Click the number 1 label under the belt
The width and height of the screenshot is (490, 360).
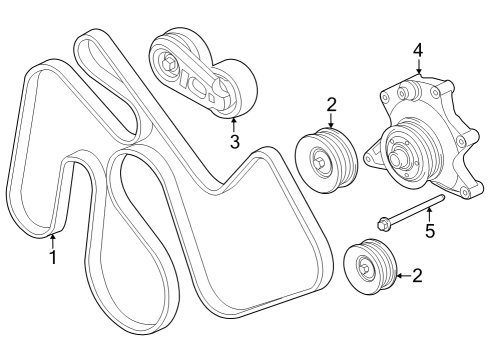click(x=54, y=257)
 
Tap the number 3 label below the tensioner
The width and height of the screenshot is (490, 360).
click(x=234, y=142)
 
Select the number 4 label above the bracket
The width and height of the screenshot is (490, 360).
click(x=418, y=49)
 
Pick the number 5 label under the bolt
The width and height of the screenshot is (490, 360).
click(x=430, y=232)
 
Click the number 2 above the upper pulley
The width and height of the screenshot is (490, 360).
click(x=331, y=104)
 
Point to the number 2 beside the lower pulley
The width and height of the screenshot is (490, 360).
click(x=416, y=274)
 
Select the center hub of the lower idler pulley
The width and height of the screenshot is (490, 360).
click(x=366, y=266)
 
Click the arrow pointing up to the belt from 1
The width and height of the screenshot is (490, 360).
click(x=54, y=238)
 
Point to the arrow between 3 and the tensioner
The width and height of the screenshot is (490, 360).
click(x=234, y=124)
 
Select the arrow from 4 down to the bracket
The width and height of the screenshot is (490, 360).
click(x=418, y=66)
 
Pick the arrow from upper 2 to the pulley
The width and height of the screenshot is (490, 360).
click(x=331, y=121)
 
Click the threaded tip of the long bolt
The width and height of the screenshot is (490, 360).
click(x=440, y=201)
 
